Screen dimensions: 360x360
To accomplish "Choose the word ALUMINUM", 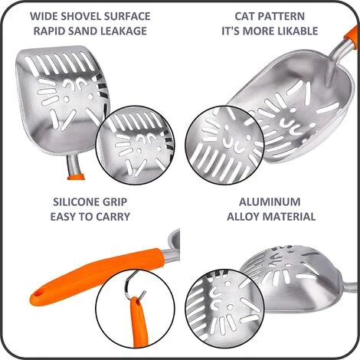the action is point(270,202).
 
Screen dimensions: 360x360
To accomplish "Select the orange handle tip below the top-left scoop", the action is point(76,176).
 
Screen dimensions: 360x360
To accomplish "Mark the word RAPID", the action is point(46,31).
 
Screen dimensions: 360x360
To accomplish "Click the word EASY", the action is point(62,217).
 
